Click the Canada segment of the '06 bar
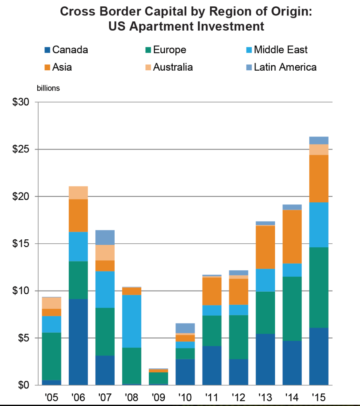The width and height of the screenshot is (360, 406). click(78, 342)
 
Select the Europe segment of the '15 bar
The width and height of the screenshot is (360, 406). click(318, 287)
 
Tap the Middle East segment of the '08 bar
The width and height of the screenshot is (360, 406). click(132, 321)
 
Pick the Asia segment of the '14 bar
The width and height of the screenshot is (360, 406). click(292, 237)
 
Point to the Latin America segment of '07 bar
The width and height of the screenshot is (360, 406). click(105, 237)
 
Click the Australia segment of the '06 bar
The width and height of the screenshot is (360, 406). click(78, 192)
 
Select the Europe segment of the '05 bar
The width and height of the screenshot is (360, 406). click(51, 356)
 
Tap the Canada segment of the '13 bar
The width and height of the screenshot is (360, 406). click(265, 359)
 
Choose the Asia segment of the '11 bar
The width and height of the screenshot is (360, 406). click(212, 291)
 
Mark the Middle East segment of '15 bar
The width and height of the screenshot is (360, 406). click(318, 225)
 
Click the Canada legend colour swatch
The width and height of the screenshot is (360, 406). click(48, 50)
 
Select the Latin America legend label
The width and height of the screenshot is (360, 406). click(285, 67)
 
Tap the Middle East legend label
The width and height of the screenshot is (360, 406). click(281, 50)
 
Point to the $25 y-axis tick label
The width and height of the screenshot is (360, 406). click(21, 150)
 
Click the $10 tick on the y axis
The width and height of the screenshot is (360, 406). click(21, 291)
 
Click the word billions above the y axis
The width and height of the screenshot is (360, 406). click(48, 88)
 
